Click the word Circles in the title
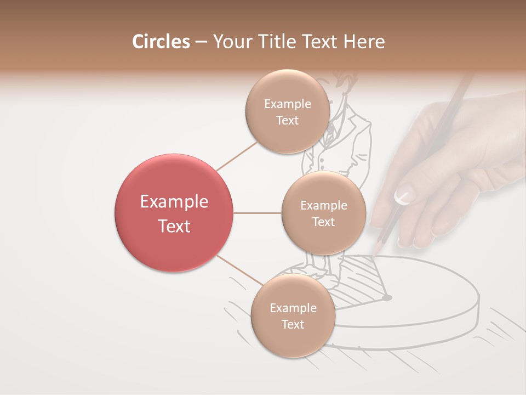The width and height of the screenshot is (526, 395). tap(161, 42)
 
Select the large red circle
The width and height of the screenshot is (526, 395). tap(174, 213)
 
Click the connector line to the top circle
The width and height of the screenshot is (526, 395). tap(237, 155)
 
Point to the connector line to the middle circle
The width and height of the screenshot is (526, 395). tap(257, 213)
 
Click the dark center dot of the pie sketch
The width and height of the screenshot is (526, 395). tap(387, 298)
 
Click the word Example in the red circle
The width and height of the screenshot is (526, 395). tap(174, 202)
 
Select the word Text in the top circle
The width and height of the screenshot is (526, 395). tap(287, 120)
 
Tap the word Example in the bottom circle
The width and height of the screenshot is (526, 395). tap(293, 308)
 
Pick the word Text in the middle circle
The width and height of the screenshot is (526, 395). tap(323, 222)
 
